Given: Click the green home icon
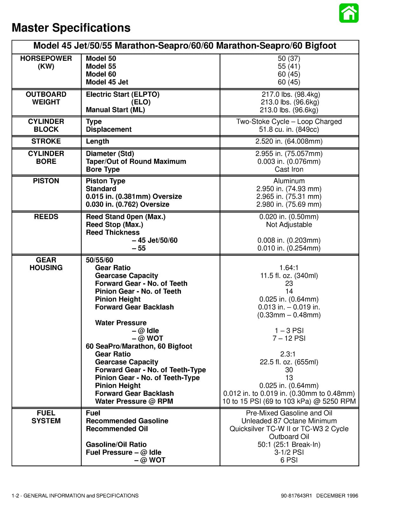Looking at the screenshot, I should click(349, 13).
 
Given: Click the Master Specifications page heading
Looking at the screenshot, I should click(71, 28).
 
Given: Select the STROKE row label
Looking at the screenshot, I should click(46, 141).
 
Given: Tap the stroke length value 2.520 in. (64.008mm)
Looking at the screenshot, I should click(289, 141).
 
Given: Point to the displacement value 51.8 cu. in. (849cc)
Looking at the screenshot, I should click(289, 129).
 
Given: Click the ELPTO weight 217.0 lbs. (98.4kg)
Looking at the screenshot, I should click(291, 94).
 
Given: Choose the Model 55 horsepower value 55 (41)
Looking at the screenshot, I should click(289, 66).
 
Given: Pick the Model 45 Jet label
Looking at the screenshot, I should click(107, 82).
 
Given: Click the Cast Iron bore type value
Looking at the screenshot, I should click(289, 169).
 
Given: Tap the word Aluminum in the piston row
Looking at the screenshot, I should click(289, 181).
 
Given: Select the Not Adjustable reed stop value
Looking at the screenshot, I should click(289, 225).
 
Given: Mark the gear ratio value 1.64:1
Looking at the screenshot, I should click(289, 268).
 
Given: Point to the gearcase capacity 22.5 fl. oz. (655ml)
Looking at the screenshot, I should click(289, 362).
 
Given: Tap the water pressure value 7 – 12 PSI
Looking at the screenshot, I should click(289, 338).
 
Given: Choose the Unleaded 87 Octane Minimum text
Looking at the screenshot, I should click(289, 421).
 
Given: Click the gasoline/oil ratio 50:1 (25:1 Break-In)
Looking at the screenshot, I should click(289, 444).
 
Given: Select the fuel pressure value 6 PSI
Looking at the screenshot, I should click(289, 460).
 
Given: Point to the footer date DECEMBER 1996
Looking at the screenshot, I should click(337, 496).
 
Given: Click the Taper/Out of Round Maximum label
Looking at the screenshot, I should click(136, 162).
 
